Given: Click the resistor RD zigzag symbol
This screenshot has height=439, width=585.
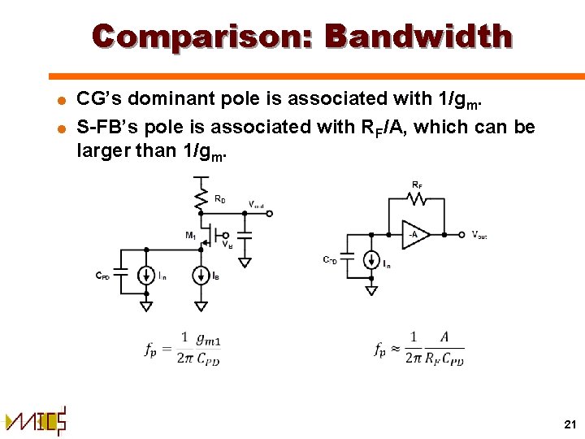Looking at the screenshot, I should (200, 195).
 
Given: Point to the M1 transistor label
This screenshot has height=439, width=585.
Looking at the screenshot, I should (190, 236).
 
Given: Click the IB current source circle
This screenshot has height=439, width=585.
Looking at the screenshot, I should (200, 276).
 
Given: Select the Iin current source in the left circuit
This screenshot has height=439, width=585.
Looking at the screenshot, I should (146, 276).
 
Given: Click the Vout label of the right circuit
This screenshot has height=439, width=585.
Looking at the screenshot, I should (479, 235).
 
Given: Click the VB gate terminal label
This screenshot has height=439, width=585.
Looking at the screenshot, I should (229, 245).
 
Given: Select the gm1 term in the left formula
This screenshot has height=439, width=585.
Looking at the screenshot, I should (209, 338).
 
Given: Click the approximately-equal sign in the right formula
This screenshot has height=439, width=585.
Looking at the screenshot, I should (395, 349).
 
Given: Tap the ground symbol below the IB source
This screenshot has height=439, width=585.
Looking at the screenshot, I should (200, 306).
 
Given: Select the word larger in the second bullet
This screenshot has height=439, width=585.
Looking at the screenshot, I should (108, 150).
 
